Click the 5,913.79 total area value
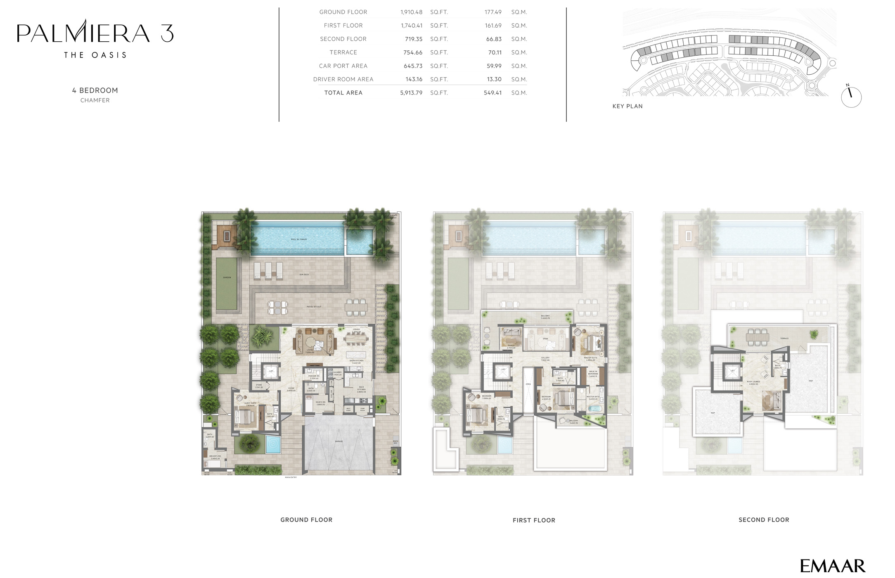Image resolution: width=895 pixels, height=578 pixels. (x=411, y=93)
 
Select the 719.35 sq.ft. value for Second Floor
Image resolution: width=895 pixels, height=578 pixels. (x=413, y=39)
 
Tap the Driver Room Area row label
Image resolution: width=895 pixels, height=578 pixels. (x=343, y=79)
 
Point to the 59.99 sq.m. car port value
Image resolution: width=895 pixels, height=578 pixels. (x=494, y=66)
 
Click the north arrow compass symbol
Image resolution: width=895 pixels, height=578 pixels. (x=851, y=97)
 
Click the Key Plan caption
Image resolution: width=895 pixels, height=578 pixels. (x=627, y=106)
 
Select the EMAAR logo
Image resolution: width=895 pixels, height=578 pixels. (x=832, y=566)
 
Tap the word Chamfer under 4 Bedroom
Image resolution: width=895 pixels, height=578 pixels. (x=95, y=100)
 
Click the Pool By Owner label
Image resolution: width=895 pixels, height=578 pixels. (x=298, y=239)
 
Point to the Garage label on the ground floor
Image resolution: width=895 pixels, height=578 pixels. (x=339, y=441)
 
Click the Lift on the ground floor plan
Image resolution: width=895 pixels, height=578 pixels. (x=271, y=372)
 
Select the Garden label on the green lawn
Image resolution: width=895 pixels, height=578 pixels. (x=227, y=277)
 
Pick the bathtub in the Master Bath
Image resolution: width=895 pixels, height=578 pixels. (x=594, y=409)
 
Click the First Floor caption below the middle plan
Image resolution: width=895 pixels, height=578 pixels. (x=534, y=520)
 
